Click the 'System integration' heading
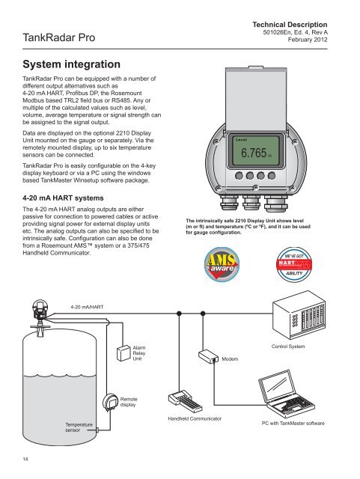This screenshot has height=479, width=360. click(72, 64)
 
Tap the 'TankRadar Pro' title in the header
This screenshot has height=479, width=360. click(59, 37)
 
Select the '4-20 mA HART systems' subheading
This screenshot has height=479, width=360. click(63, 198)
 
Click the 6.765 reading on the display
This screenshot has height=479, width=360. click(254, 153)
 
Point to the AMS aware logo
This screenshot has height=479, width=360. click(222, 264)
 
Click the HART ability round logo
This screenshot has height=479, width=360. click(294, 264)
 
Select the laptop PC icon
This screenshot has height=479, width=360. click(286, 394)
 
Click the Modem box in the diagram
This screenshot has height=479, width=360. click(208, 356)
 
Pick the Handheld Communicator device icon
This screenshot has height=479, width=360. click(185, 401)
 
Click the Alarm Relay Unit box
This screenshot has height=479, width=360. click(123, 353)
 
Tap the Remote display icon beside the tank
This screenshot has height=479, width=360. click(110, 403)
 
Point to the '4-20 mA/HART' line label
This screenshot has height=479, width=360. click(87, 307)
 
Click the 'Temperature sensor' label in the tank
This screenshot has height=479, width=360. click(79, 427)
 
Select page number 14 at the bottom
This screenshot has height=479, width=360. click(25, 459)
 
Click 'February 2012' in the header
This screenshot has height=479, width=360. click(308, 40)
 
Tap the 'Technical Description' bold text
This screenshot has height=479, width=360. click(290, 25)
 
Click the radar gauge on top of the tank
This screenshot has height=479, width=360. click(40, 314)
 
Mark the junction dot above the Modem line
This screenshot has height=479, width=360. click(203, 314)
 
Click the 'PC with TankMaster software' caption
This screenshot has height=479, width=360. click(293, 424)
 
